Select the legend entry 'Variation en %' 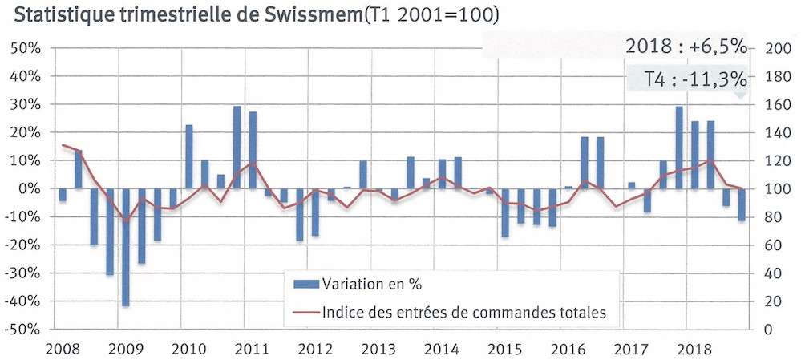(x=371, y=283)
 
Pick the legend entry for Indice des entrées (x=463, y=312)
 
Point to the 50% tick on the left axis (x=27, y=48)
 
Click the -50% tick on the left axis (x=24, y=330)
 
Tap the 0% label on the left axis (x=31, y=189)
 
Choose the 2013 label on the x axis (x=377, y=350)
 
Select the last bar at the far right (x=742, y=204)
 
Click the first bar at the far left (x=63, y=195)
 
